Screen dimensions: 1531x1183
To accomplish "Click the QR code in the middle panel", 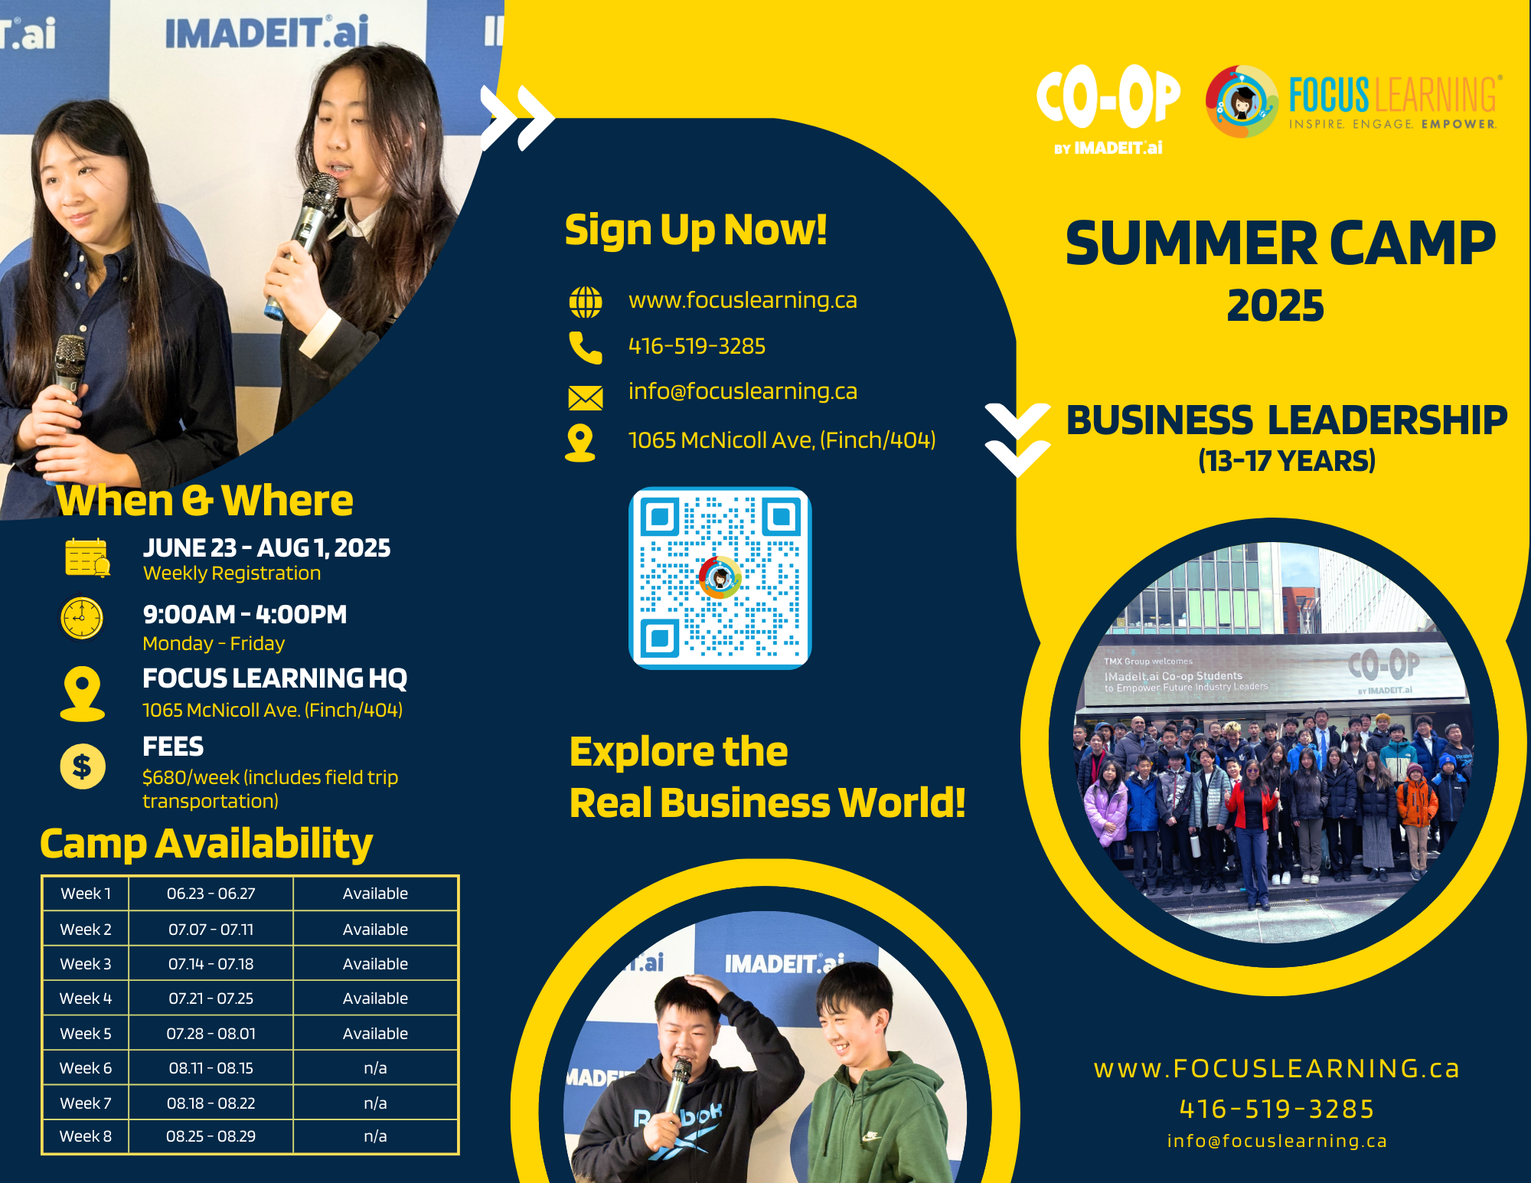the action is (720, 578).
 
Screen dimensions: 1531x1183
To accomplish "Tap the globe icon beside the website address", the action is (586, 302).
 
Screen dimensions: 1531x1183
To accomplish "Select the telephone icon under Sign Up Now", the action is (586, 348).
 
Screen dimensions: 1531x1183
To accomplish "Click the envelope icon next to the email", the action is (586, 397).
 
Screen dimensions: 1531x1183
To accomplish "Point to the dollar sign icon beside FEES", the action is (83, 766).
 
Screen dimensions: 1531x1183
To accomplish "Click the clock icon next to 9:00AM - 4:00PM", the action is (82, 618).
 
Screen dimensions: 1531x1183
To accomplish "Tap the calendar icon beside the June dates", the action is (87, 557).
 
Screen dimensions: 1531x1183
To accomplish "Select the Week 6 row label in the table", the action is (86, 1068).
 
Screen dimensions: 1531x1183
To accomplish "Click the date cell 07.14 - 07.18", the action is (211, 964).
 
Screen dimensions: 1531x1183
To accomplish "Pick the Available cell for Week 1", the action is (375, 894).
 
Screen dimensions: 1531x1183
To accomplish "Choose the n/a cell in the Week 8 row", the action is (375, 1136).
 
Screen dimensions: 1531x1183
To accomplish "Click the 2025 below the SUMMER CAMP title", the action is (1275, 306).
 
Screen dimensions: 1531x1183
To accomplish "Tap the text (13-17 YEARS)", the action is (1287, 461).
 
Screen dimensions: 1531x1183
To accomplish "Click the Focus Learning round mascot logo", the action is (1242, 102).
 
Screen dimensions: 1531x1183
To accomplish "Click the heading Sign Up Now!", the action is (696, 230).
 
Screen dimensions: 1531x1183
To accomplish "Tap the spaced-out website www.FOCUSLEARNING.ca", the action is (1277, 1069).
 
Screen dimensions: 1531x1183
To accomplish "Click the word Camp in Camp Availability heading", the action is (93, 845).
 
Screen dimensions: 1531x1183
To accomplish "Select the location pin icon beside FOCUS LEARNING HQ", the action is (83, 694).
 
